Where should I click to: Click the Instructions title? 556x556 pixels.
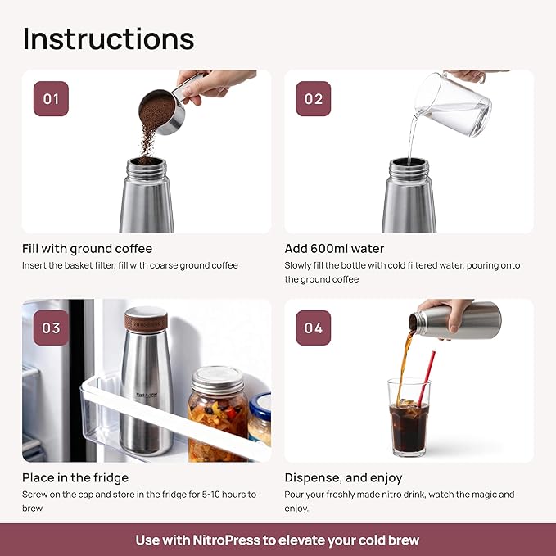point(108,38)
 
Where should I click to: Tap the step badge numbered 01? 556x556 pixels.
point(51,99)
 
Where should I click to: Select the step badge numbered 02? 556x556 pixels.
point(314,99)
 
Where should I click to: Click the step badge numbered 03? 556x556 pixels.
point(51,328)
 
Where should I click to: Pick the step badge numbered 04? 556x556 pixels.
point(314,328)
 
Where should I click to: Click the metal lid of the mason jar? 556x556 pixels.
point(217,379)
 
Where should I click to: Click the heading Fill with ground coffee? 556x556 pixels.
point(87,249)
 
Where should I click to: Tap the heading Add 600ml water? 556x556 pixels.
point(334,249)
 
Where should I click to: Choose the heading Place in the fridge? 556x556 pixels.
point(75,477)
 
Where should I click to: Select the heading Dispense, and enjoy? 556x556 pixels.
point(343,477)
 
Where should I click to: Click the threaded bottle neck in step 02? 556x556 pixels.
point(408,169)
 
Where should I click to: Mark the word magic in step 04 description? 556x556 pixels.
point(482,495)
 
